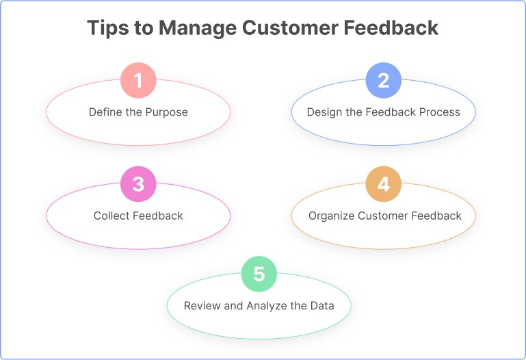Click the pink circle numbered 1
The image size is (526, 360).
pyautogui.click(x=138, y=81)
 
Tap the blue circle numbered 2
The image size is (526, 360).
pyautogui.click(x=383, y=81)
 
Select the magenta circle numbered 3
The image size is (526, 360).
pyautogui.click(x=138, y=184)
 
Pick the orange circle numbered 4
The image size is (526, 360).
pyautogui.click(x=383, y=184)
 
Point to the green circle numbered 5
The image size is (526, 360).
pyautogui.click(x=259, y=274)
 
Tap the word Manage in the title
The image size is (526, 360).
pyautogui.click(x=194, y=29)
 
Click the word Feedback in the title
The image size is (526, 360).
pyautogui.click(x=395, y=29)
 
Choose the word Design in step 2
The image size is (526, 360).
pyautogui.click(x=323, y=112)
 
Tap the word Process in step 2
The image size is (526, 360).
pyautogui.click(x=440, y=112)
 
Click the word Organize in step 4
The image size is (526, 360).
pyautogui.click(x=331, y=216)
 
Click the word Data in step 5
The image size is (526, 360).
pyautogui.click(x=322, y=306)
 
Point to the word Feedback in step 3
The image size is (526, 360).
pyautogui.click(x=158, y=216)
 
